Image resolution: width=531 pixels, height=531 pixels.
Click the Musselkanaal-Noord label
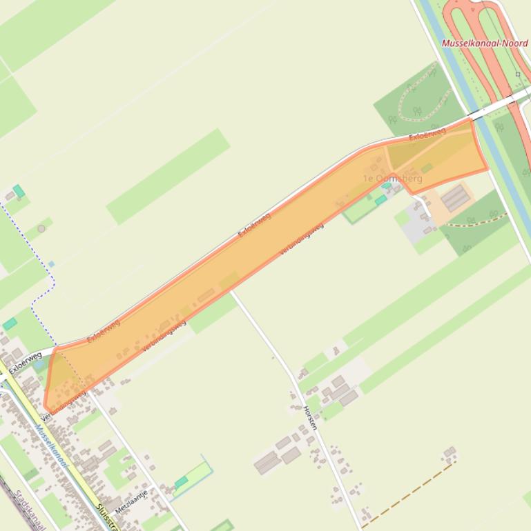(484, 43)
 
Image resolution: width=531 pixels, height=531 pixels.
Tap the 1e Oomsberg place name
(392, 179)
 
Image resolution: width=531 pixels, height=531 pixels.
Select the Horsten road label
(310, 418)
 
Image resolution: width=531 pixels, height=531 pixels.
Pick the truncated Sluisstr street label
(105, 517)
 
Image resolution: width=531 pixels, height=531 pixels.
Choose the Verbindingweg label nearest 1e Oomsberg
(302, 239)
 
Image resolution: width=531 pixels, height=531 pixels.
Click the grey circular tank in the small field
(41, 228)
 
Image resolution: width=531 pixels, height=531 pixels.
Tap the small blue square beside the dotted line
(51, 264)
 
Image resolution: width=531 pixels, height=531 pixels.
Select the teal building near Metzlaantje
(181, 481)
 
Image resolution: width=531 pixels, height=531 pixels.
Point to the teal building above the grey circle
(19, 190)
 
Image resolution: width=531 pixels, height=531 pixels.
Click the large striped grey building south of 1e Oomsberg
(455, 198)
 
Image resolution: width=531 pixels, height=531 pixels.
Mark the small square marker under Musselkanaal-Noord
(518, 74)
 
